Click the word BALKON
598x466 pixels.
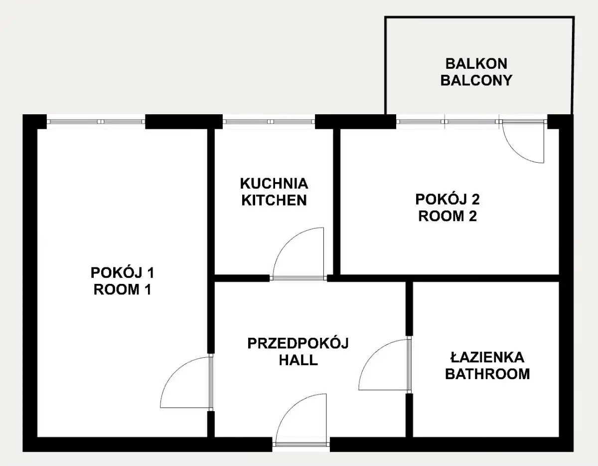coord(476,64)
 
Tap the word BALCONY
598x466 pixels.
coord(476,80)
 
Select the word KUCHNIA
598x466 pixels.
coord(274,184)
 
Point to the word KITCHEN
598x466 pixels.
coord(274,200)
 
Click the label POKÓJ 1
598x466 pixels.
coord(122,272)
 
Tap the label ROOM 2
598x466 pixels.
coord(448,216)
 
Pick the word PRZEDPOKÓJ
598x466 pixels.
coord(298,343)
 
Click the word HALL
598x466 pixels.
coord(299,360)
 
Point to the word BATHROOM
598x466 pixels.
coord(487,374)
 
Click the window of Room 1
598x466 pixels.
coord(96,121)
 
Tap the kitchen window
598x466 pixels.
coord(269,121)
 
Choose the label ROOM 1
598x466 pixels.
coord(122,289)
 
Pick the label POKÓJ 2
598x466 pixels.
coord(448,199)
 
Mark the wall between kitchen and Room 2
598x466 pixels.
coord(336,202)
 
